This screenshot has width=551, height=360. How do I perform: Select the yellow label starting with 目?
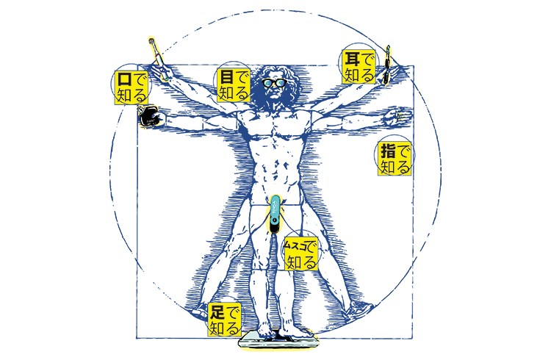click(x=234, y=86)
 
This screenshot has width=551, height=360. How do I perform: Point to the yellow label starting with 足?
click(x=224, y=318)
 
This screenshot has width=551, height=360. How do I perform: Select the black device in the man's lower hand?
click(x=149, y=116)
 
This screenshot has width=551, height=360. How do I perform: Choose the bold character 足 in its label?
click(x=216, y=310)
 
